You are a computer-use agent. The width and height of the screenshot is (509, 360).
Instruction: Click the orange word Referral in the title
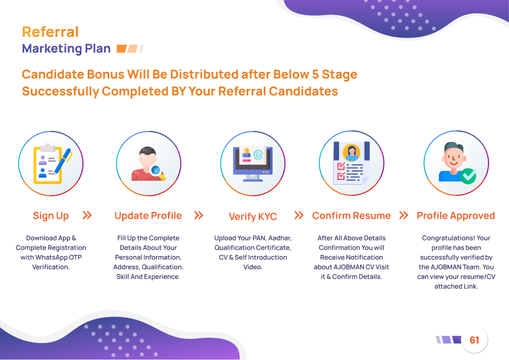[50, 32]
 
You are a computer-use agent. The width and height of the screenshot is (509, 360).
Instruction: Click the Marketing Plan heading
[66, 49]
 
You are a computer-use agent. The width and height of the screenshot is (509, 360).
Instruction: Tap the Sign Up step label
[51, 216]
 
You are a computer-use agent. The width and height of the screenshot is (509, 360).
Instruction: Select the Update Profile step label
[148, 216]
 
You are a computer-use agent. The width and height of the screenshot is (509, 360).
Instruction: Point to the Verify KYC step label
[253, 216]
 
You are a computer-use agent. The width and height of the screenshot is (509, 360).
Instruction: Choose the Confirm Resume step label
[351, 216]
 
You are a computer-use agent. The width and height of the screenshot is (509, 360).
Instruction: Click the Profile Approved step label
[456, 216]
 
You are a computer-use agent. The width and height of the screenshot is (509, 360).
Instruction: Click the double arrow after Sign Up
[87, 215]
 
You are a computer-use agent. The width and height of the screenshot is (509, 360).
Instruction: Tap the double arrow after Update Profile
[199, 215]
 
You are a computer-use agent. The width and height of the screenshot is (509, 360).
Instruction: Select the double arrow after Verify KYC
[299, 215]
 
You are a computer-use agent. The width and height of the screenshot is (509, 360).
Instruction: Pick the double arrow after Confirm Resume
[403, 215]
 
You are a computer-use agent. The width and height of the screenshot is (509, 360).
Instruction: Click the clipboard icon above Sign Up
[48, 164]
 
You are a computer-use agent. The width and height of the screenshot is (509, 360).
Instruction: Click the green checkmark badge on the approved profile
[468, 176]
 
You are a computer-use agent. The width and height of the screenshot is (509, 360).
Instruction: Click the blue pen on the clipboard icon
[63, 161]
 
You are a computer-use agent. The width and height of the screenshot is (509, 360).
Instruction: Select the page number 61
[475, 340]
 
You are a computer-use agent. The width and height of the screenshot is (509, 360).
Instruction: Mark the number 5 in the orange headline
[315, 74]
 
